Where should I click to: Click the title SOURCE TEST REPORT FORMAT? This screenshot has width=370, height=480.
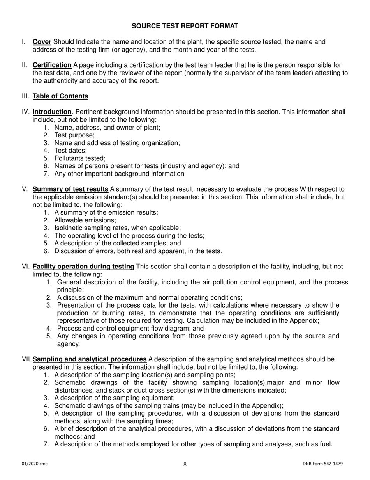pos(185,26)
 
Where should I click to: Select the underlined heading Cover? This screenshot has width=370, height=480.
pos(42,42)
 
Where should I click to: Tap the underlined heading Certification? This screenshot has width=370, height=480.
pos(52,65)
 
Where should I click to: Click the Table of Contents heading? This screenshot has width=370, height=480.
pos(60,96)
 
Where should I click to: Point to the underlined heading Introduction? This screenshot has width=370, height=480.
pos(52,112)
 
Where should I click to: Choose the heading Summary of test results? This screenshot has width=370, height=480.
pos(70,189)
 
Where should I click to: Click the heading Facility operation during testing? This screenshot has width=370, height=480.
pos(83,267)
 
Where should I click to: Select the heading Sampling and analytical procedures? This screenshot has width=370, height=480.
pos(90,359)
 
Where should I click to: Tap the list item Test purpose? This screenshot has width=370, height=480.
pos(74,135)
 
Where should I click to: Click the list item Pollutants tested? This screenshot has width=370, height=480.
pos(80,158)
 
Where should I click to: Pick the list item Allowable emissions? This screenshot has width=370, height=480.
pos(82,220)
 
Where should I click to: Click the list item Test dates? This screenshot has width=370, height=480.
pos(70,150)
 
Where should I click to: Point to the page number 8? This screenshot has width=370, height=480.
pos(185,464)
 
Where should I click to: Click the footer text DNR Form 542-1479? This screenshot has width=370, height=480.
pos(322,464)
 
